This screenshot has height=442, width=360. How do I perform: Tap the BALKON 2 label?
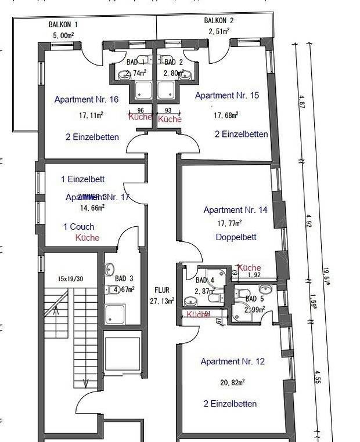pos(219,21)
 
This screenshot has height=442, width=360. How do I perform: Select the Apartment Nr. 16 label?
pos(86,99)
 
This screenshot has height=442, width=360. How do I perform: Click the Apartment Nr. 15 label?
pos(227,96)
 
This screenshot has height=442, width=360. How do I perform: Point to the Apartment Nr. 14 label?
pos(235,210)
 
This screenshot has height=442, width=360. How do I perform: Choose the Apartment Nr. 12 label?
pos(232,361)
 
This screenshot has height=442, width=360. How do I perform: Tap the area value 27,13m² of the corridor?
pos(162,300)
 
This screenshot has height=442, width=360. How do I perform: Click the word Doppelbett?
pos(236,237)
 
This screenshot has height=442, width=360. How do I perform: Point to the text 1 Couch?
pos(78,227)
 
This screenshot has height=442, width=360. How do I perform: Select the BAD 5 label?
pos(255,299)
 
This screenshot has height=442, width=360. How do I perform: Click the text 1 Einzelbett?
pos(83,179)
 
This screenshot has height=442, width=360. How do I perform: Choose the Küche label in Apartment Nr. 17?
pos(87,238)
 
